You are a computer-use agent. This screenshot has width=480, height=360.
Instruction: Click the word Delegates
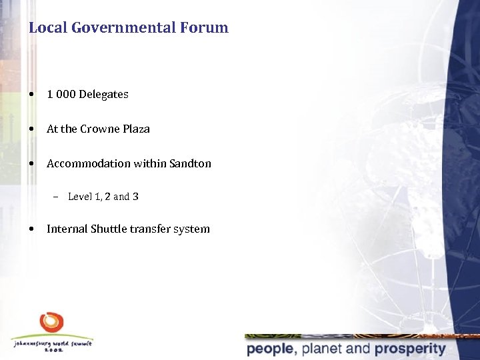click(x=103, y=95)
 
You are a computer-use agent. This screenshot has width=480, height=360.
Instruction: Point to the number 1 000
click(x=61, y=95)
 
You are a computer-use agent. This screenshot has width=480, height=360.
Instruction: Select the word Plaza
click(x=137, y=129)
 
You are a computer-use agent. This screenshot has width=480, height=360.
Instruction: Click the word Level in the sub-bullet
click(x=80, y=197)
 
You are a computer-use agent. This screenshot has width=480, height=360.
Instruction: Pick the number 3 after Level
click(x=135, y=197)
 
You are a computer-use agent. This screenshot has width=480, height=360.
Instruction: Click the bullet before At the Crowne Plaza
click(x=33, y=129)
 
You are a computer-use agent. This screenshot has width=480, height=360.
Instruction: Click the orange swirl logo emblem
click(x=51, y=323)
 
